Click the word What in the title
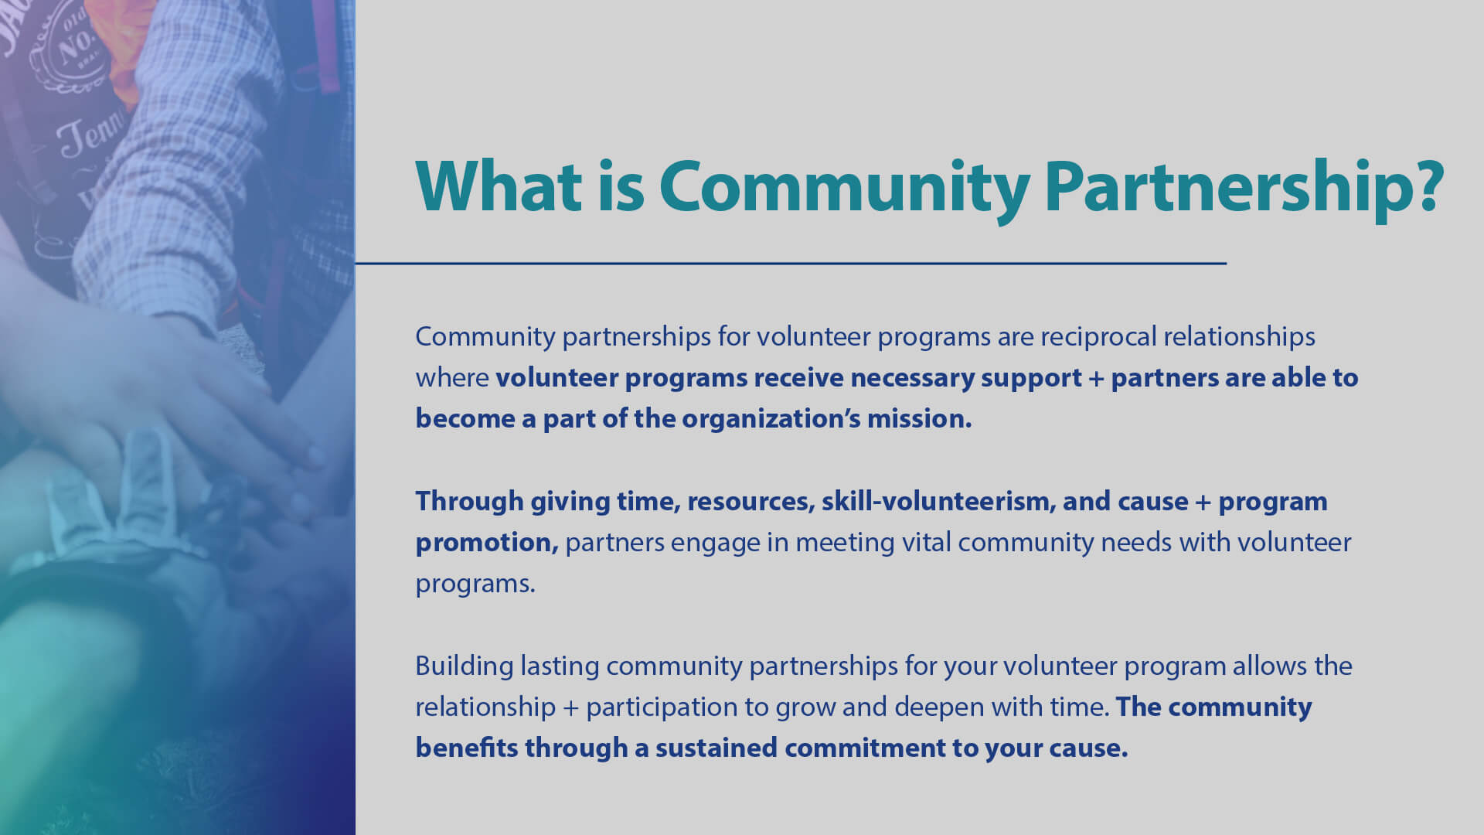tap(499, 186)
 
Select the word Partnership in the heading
tap(1228, 188)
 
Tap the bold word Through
tap(469, 502)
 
